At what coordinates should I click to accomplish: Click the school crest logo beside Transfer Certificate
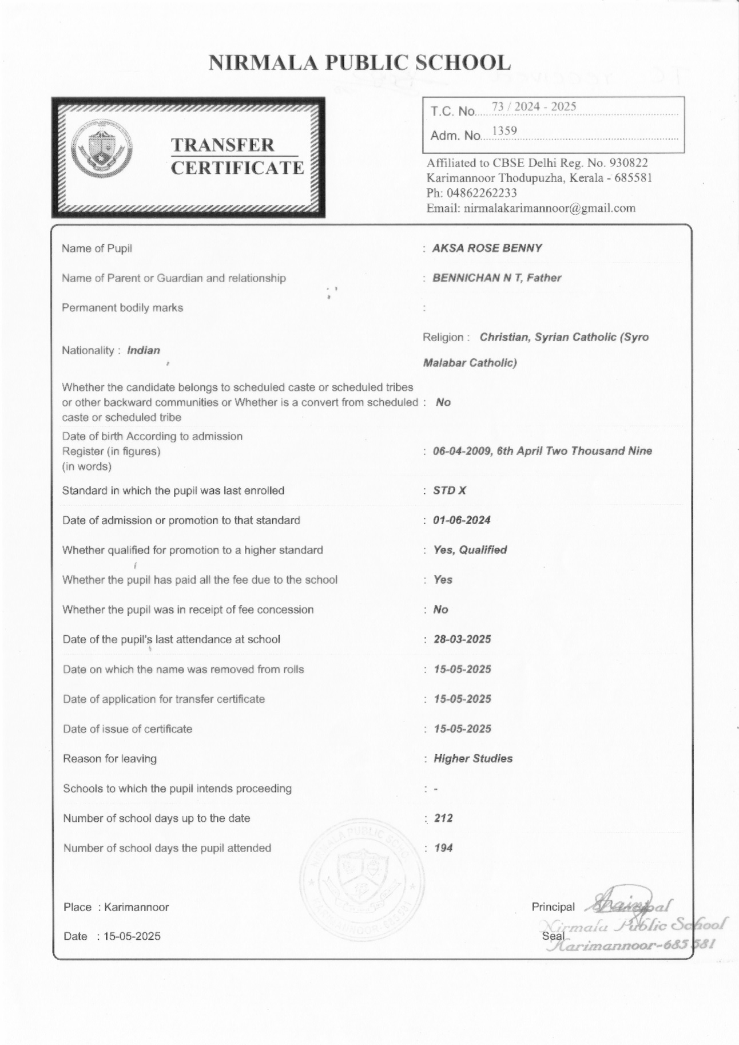(x=102, y=149)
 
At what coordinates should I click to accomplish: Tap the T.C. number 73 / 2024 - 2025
(x=534, y=106)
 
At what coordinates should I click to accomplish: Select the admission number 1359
(x=504, y=131)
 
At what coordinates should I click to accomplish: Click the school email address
(x=549, y=208)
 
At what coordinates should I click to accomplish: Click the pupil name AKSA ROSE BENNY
(x=487, y=248)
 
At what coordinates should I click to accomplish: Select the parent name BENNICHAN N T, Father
(x=496, y=278)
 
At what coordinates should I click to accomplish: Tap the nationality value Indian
(x=144, y=350)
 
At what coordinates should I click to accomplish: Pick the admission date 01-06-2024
(x=462, y=520)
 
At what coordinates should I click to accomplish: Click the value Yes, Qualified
(x=470, y=550)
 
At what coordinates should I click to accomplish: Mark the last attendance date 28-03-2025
(x=462, y=639)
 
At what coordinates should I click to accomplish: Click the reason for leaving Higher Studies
(x=473, y=758)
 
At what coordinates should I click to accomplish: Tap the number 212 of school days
(x=443, y=818)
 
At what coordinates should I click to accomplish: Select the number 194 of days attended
(x=443, y=848)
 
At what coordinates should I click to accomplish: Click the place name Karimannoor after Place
(x=137, y=907)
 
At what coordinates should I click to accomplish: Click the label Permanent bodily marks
(x=122, y=308)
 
